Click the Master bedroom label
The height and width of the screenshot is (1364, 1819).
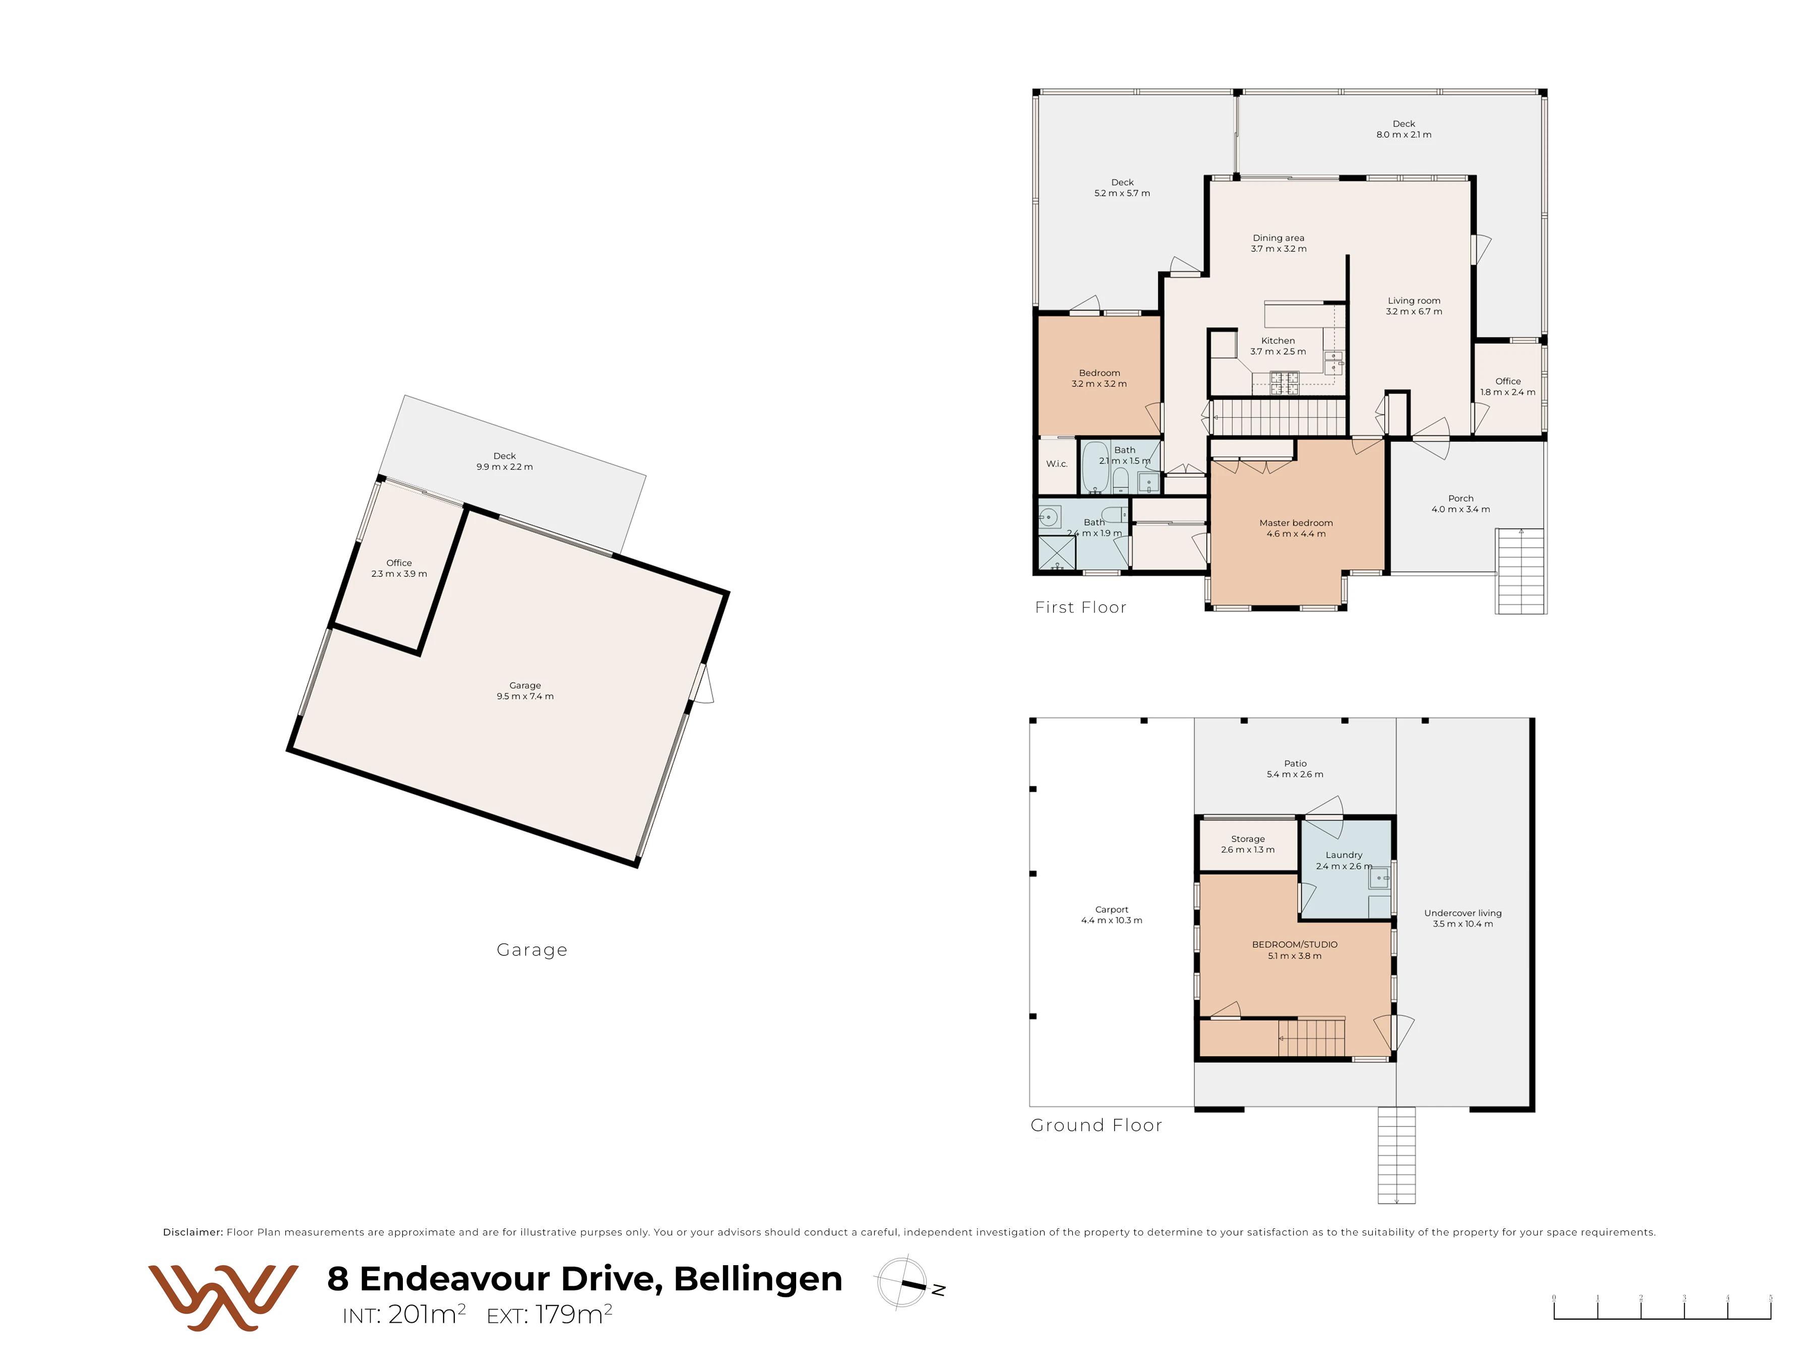click(1296, 523)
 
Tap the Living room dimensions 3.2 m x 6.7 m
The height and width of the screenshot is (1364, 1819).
click(1414, 312)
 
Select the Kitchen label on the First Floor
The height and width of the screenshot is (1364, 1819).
click(1278, 340)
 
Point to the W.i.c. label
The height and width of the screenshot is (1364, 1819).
click(1057, 464)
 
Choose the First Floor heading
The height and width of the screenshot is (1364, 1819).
click(1080, 607)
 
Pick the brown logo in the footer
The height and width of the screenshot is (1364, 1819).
click(223, 1297)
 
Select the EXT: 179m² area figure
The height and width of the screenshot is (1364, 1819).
click(550, 1314)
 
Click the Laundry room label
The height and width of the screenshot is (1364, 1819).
click(1344, 855)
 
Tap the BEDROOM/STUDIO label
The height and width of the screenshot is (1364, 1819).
click(1294, 945)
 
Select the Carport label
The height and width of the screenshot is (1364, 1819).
click(1112, 909)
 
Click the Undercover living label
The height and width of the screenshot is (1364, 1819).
click(1463, 913)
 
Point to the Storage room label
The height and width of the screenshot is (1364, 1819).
click(1247, 839)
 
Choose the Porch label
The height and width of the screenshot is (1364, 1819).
click(1461, 498)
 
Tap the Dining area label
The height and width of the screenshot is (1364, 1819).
click(1278, 237)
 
